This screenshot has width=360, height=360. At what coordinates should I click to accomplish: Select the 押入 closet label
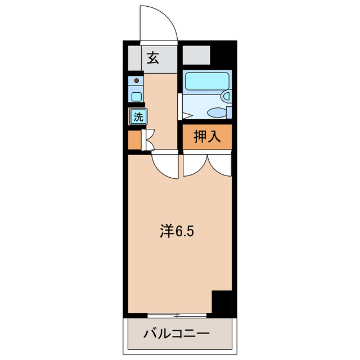click(x=206, y=136)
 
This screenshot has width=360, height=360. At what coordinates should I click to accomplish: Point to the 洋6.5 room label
click(x=177, y=231)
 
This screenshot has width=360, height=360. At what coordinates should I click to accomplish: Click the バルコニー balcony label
click(x=176, y=334)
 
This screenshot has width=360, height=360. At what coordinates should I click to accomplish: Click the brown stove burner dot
click(x=136, y=80)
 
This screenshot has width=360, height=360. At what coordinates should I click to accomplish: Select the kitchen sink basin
click(x=136, y=96)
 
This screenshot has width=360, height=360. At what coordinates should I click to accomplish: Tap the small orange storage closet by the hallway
click(x=134, y=140)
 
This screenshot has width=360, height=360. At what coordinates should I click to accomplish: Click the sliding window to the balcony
click(x=177, y=314)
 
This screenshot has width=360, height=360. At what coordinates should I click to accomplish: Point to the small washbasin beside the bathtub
click(x=227, y=97)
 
